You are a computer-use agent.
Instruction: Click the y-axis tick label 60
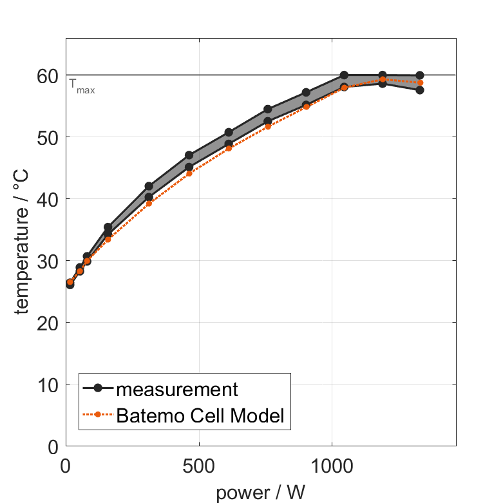click(48, 76)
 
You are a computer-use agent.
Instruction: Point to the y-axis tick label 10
click(48, 385)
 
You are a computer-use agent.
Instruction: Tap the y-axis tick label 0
click(53, 447)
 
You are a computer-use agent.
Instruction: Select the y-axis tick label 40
click(48, 200)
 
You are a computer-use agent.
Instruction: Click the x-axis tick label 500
click(198, 466)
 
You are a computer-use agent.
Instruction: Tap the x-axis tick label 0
click(66, 466)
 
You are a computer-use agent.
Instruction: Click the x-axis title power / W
click(261, 493)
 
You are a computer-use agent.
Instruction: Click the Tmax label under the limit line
click(82, 86)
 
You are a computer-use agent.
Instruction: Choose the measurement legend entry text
click(178, 389)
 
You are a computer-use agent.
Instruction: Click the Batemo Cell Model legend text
click(200, 415)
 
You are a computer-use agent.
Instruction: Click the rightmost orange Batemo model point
click(420, 82)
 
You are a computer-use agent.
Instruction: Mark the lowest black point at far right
click(420, 90)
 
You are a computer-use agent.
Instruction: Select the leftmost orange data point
click(70, 282)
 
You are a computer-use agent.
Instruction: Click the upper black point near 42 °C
click(149, 186)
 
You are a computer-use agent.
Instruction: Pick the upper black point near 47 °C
click(189, 155)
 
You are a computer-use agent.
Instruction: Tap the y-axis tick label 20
click(48, 323)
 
